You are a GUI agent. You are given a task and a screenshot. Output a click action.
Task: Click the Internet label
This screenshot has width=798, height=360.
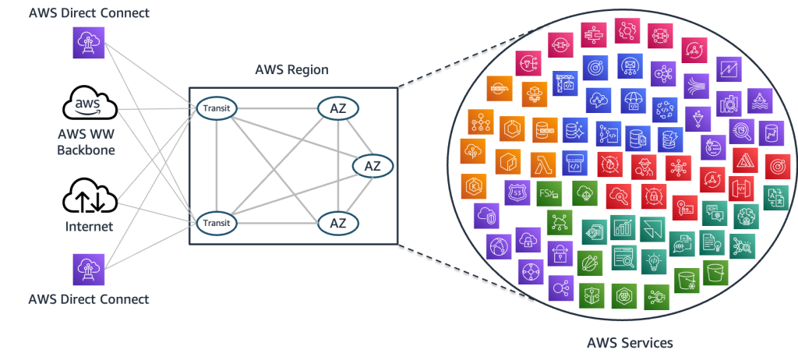tap(90, 227)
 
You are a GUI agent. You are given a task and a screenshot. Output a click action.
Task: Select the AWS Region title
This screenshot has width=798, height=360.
tap(292, 70)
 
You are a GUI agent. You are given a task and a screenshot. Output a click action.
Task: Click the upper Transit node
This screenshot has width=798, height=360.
tap(214, 108)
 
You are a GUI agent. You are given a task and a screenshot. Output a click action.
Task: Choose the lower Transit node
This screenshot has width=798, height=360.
tap(214, 223)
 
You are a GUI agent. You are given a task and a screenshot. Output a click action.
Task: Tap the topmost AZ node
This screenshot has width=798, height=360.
tap(337, 108)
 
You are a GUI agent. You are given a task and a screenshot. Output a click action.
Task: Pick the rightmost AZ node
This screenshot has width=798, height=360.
tap(373, 165)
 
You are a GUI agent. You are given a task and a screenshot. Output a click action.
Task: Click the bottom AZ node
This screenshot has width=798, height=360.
tap(337, 223)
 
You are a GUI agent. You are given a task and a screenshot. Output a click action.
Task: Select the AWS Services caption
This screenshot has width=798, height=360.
tap(630, 343)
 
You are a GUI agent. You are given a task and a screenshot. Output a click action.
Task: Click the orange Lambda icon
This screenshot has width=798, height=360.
tap(542, 164)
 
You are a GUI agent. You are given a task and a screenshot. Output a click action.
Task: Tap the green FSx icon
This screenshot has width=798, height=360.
tap(549, 192)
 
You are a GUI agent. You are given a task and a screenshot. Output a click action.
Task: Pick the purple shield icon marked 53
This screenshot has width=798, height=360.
tap(517, 192)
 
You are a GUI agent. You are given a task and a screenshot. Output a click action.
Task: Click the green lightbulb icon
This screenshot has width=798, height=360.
tap(653, 260)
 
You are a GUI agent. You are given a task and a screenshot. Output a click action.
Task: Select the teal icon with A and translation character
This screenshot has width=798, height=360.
tap(775, 197)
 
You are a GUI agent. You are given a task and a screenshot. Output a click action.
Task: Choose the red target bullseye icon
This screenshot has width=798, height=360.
tap(775, 166)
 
